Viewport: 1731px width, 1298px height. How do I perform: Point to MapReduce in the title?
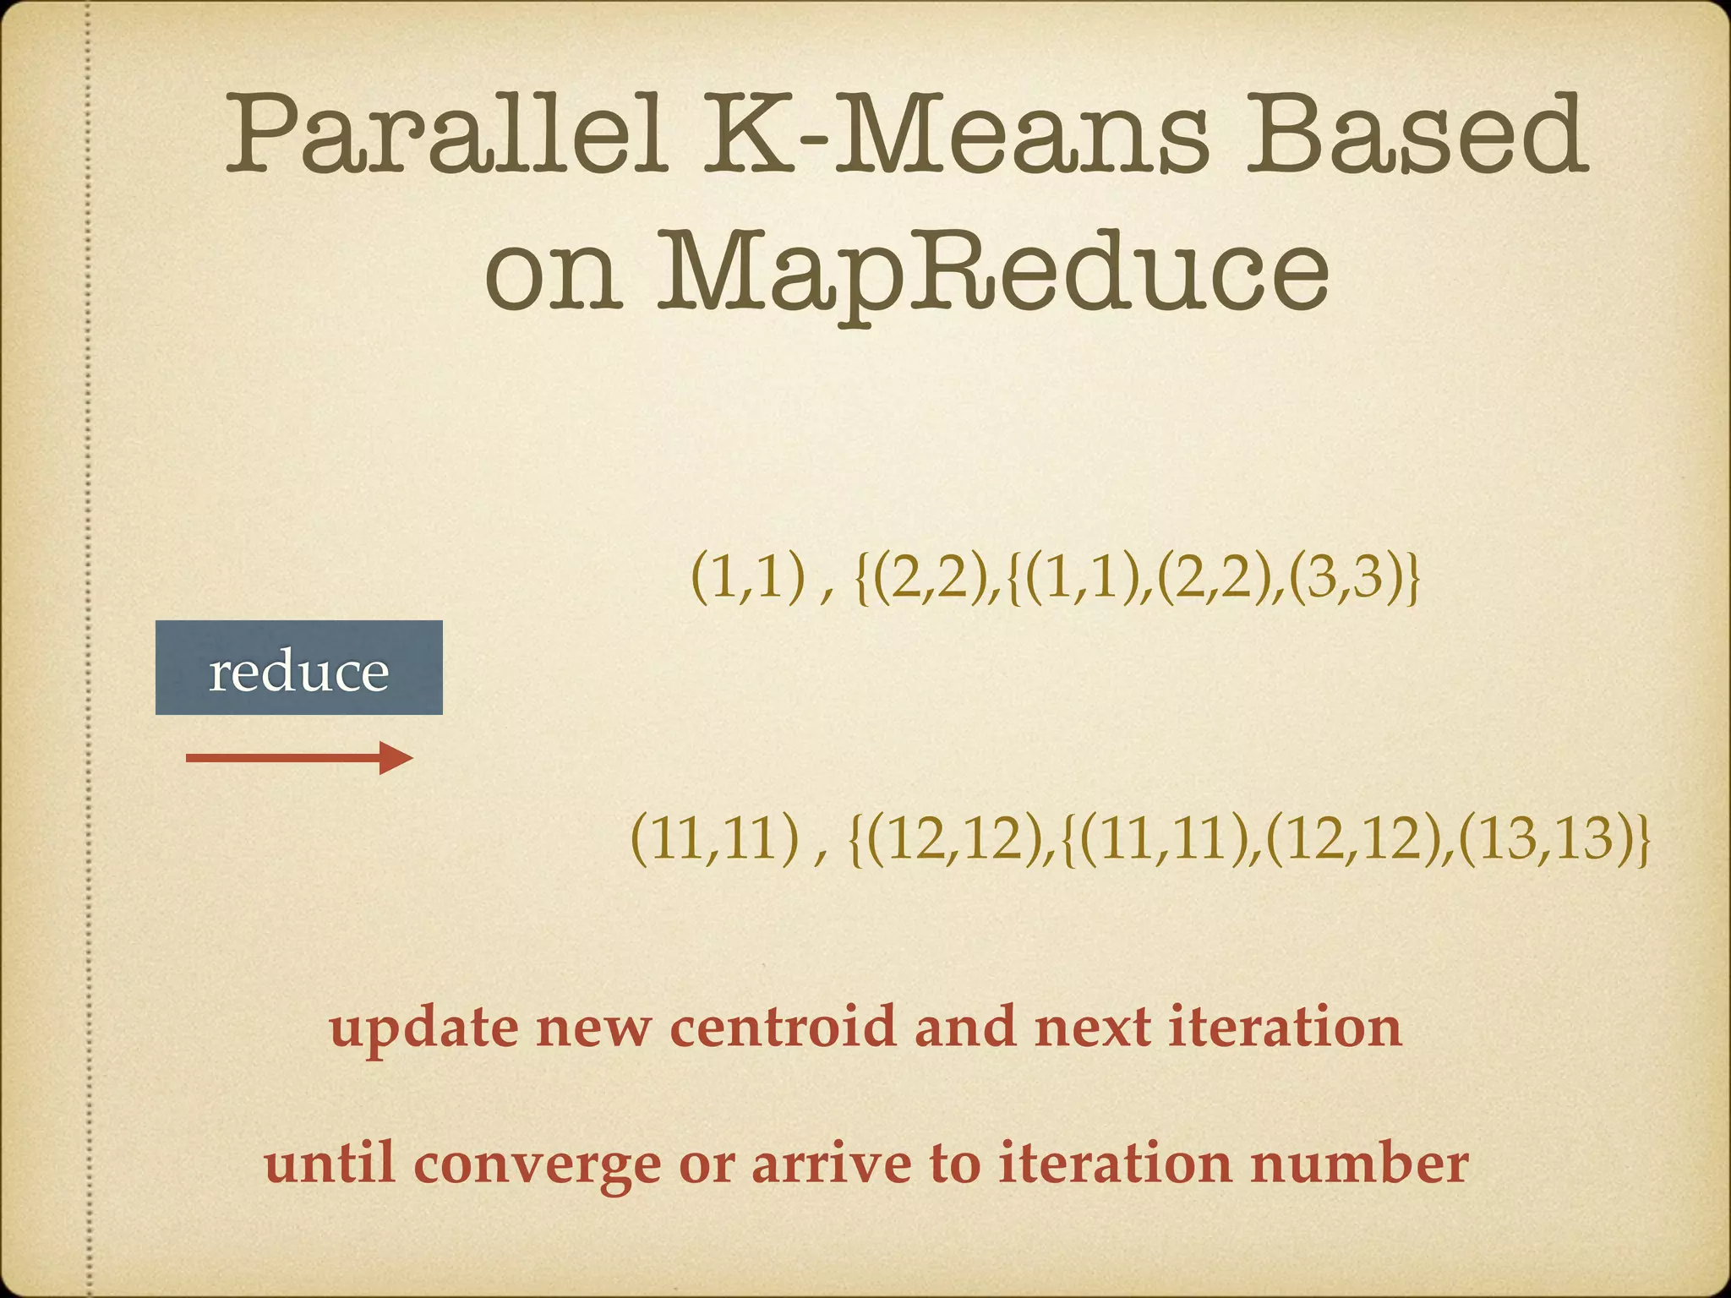[x=993, y=270]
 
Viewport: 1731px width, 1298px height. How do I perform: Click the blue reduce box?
[x=298, y=668]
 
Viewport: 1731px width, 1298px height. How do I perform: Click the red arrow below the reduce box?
[x=298, y=758]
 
